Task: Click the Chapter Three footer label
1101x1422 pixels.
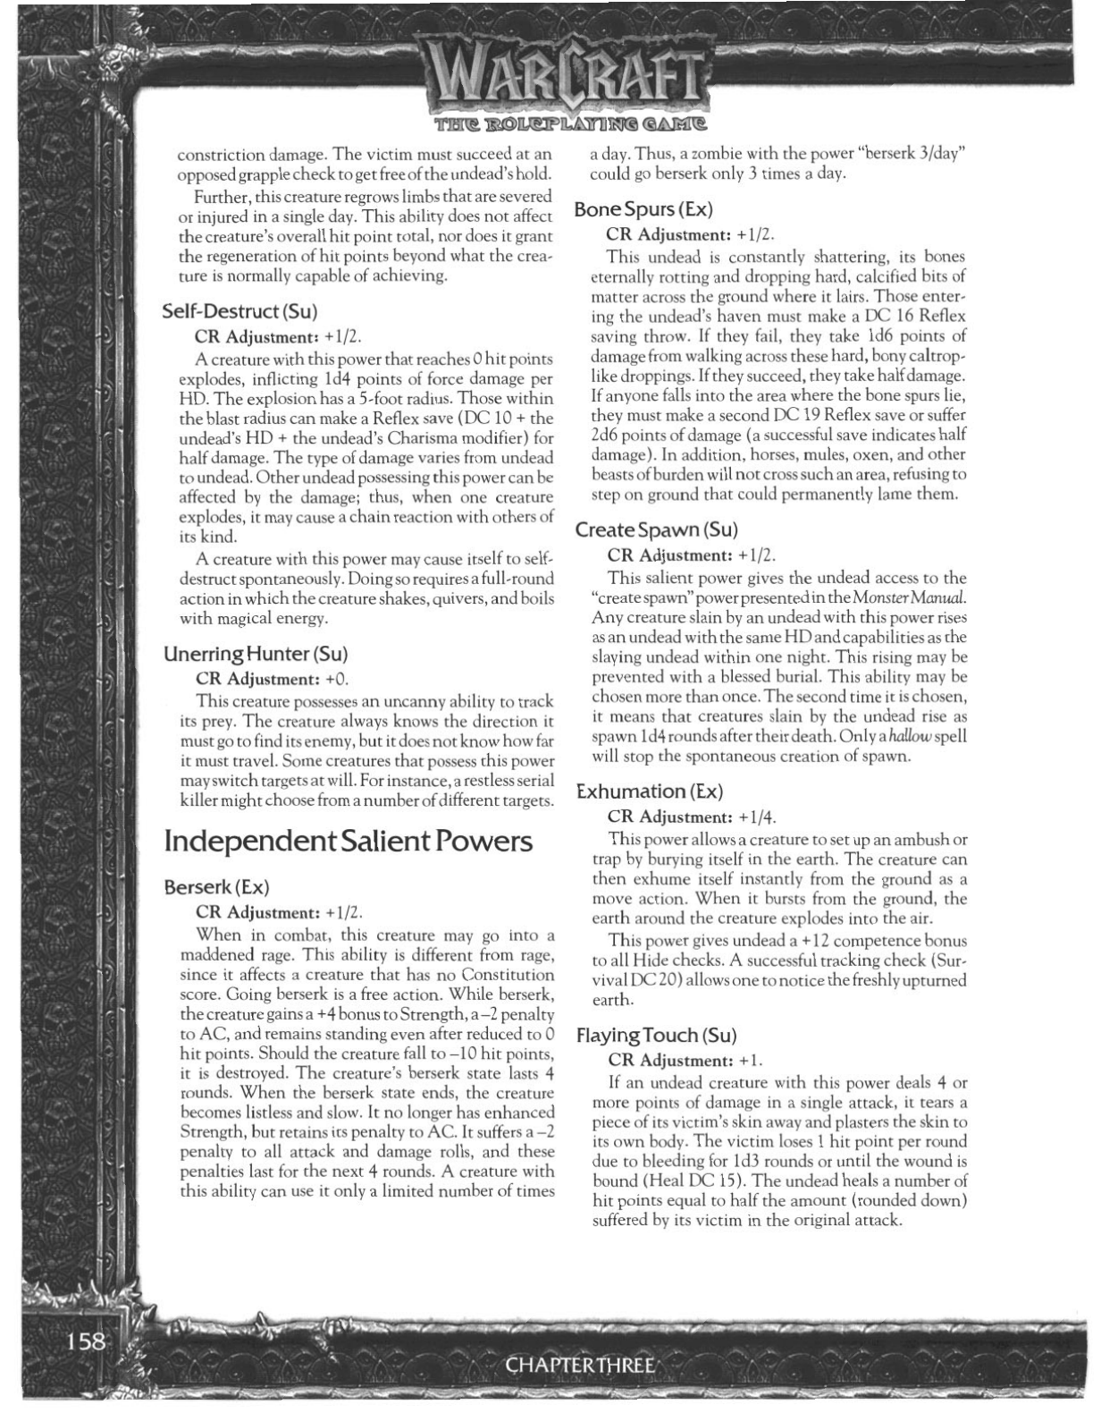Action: (x=582, y=1365)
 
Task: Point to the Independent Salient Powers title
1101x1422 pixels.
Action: (x=349, y=841)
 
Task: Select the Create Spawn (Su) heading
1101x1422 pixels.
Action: (x=656, y=529)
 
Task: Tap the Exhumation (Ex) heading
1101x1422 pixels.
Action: (x=649, y=791)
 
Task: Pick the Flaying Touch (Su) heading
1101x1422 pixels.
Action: (x=656, y=1036)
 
